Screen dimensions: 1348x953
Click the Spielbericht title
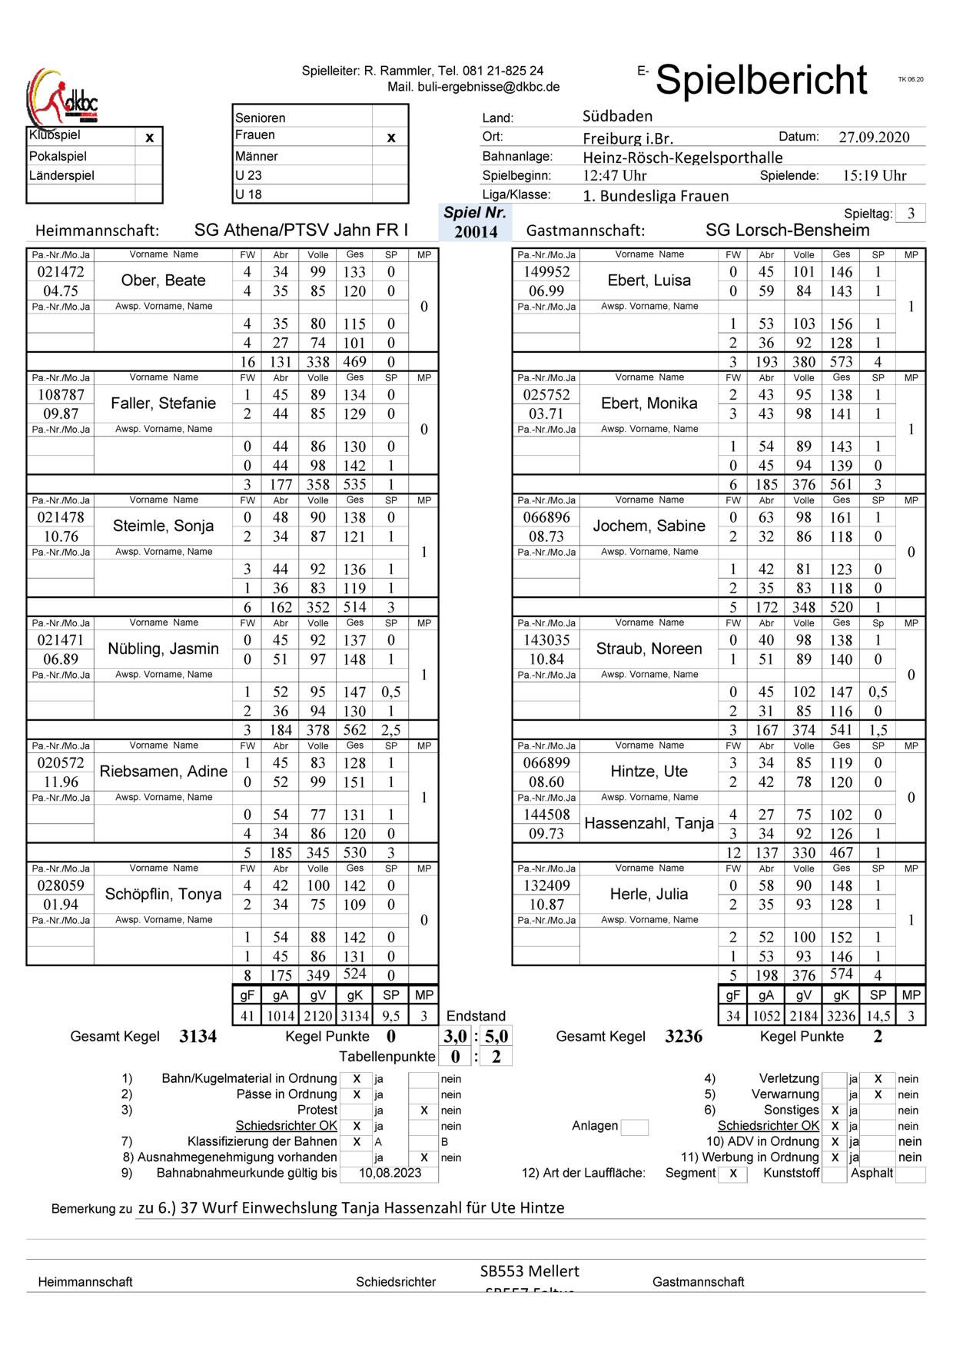[x=761, y=80]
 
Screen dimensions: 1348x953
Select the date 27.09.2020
[x=874, y=138]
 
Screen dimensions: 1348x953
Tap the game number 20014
[x=476, y=231]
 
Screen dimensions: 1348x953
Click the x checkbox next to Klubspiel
[x=149, y=138]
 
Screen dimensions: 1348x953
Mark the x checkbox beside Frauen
[x=390, y=138]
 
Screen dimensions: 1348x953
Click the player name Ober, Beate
[x=163, y=281]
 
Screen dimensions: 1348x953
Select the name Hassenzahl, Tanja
[x=649, y=823]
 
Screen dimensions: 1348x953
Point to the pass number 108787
[x=61, y=395]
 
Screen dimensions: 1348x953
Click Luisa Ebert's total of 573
[x=841, y=362]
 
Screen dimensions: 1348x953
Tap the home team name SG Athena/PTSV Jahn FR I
[x=301, y=230]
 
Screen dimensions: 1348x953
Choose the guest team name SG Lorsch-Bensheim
[x=787, y=230]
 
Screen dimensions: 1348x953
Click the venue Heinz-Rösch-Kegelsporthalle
[x=682, y=158]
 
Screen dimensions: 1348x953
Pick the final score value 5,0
[x=496, y=1036]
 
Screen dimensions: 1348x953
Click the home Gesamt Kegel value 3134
[x=198, y=1037]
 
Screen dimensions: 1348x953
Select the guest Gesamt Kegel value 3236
[x=683, y=1037]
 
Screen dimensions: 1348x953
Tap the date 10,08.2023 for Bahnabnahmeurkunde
[x=390, y=1173]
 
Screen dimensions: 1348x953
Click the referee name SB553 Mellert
[x=530, y=1271]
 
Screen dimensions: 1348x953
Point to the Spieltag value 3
[x=911, y=214]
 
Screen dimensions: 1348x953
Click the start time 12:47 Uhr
[x=614, y=176]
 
